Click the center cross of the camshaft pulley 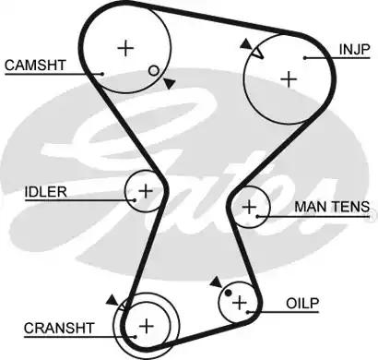click(125, 48)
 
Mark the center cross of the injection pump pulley click(289, 79)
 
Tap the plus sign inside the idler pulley click(144, 191)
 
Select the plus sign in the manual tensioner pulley click(249, 207)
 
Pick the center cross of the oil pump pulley click(241, 301)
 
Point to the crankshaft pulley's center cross click(147, 325)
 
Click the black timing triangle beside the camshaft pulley click(170, 84)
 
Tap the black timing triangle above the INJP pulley click(244, 43)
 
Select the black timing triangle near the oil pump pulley click(215, 280)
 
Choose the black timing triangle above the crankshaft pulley click(112, 299)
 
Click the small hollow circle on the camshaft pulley click(153, 71)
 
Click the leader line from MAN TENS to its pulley click(277, 216)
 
